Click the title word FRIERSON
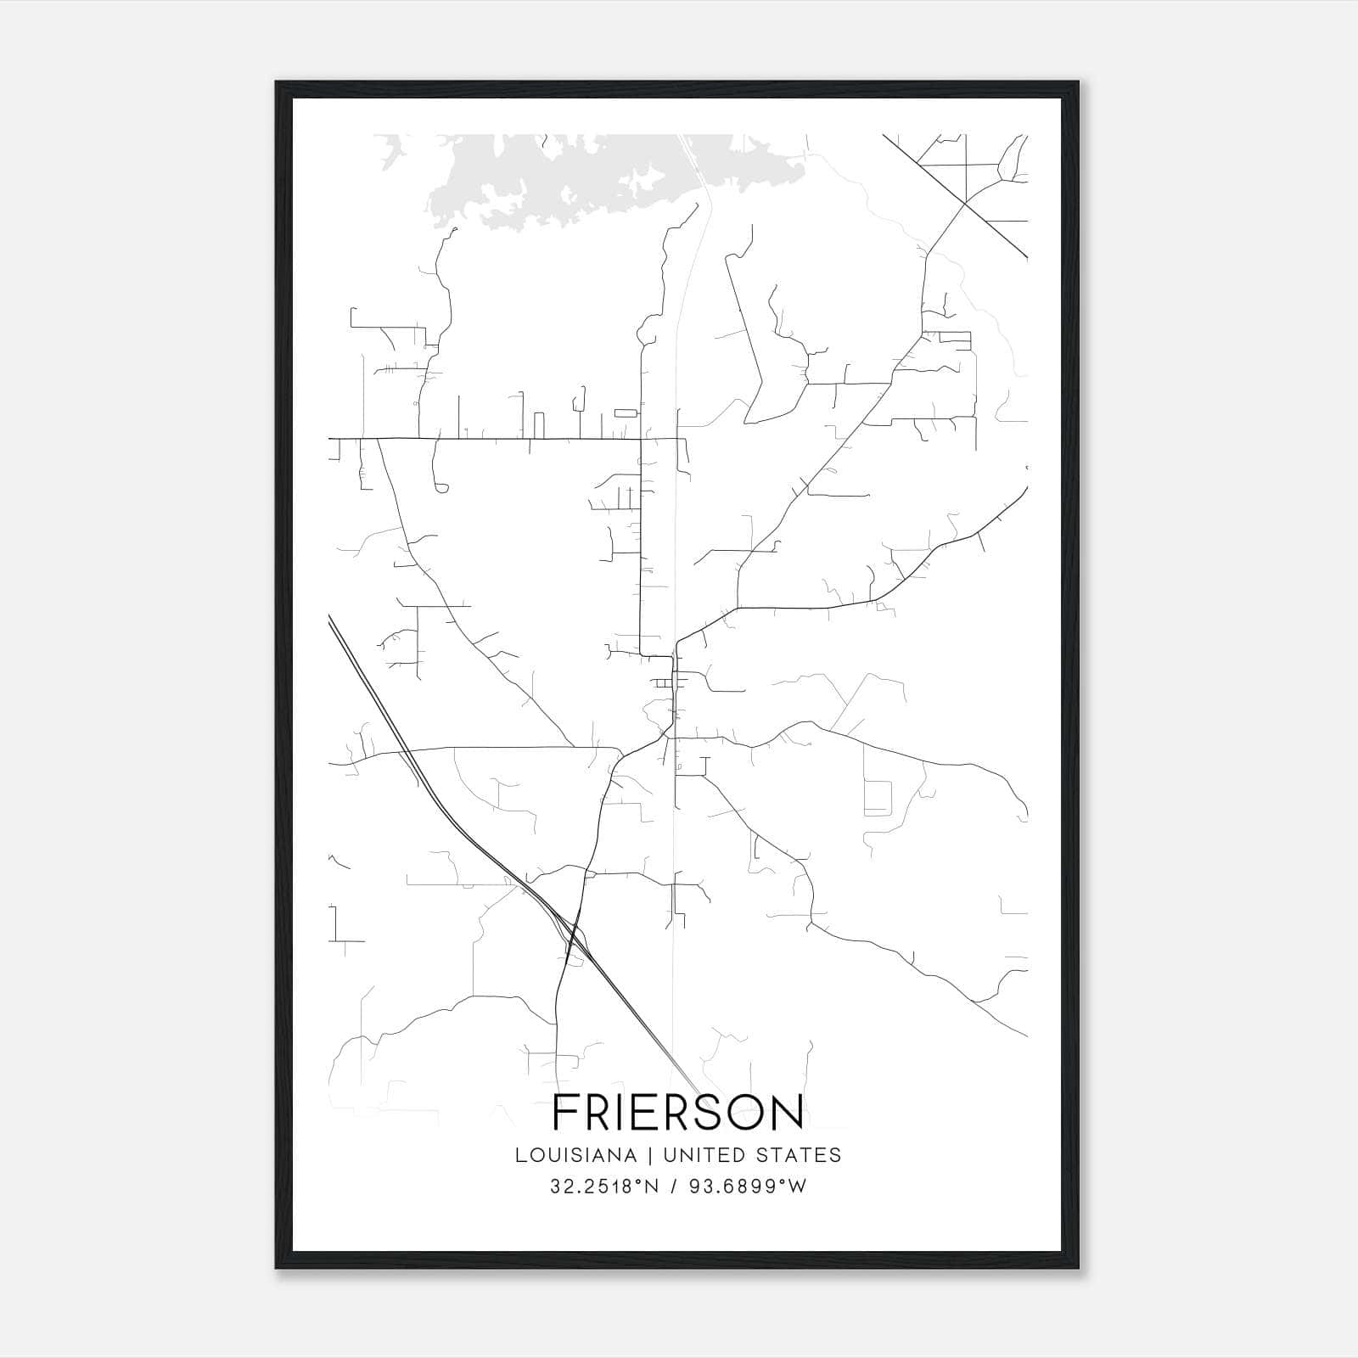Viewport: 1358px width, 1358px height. tap(677, 1113)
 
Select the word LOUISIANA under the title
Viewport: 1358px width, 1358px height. tap(575, 1155)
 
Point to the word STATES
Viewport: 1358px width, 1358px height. tap(800, 1155)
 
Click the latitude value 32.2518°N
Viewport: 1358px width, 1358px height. tap(604, 1187)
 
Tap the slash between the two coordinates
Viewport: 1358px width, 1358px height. tap(672, 1187)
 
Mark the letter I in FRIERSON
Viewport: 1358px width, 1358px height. tap(626, 1113)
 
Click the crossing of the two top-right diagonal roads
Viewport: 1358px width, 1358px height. tap(965, 204)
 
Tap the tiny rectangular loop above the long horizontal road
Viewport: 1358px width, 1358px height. tap(625, 412)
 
